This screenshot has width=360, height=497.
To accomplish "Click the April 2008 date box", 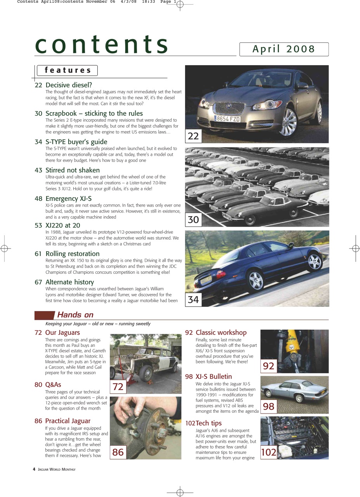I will click(284, 49).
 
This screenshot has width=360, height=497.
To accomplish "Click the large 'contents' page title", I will click(102, 44).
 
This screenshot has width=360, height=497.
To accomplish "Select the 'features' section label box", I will click(67, 70).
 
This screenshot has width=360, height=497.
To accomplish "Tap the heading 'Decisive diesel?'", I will click(69, 85).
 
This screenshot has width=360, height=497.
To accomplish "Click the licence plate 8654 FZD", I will click(228, 119).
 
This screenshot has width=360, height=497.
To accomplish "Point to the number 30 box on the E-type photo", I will click(193, 220).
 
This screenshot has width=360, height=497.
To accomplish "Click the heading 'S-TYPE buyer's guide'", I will click(76, 142).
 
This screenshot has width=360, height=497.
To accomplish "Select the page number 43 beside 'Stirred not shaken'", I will click(38, 170).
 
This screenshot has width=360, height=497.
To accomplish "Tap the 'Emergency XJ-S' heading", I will click(68, 198).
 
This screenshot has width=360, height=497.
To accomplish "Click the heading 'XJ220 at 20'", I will click(63, 225).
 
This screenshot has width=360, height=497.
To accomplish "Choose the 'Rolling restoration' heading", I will click(72, 254).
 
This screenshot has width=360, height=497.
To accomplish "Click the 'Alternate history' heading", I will click(69, 282).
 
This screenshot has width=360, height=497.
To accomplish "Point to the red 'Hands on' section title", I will click(75, 315).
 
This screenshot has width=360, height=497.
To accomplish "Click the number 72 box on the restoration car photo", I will click(118, 387).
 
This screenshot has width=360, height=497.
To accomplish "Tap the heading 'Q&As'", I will click(53, 385).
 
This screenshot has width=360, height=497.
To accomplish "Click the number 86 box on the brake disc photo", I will click(118, 452).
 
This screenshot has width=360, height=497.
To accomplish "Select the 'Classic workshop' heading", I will click(221, 332).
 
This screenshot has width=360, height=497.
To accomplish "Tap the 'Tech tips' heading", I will click(208, 423).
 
